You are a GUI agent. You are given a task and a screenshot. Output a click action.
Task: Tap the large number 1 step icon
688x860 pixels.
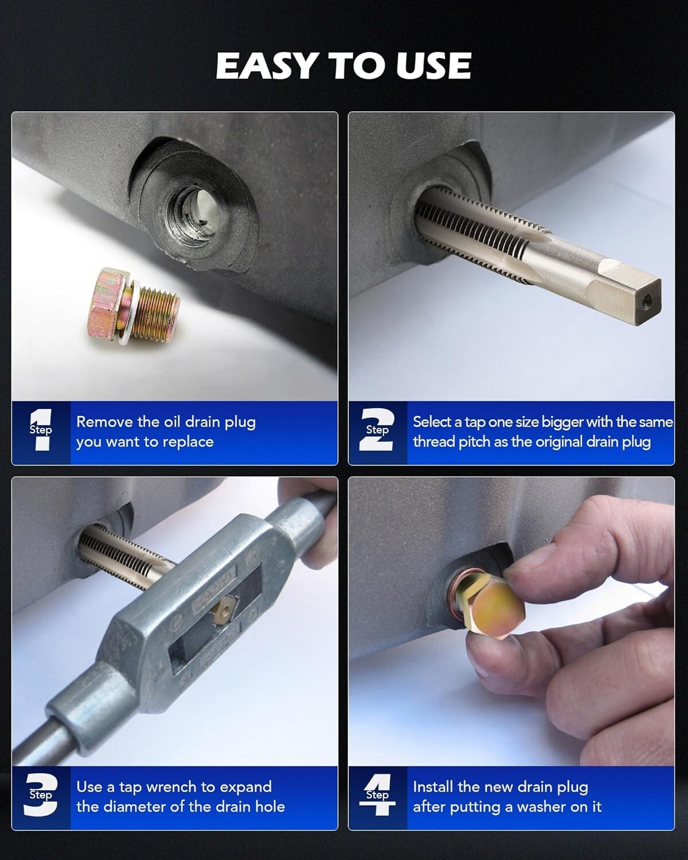[x=41, y=430]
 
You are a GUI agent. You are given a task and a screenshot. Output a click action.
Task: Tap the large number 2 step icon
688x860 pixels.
[x=377, y=430]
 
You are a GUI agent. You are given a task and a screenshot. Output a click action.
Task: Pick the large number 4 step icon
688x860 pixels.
[x=377, y=795]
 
